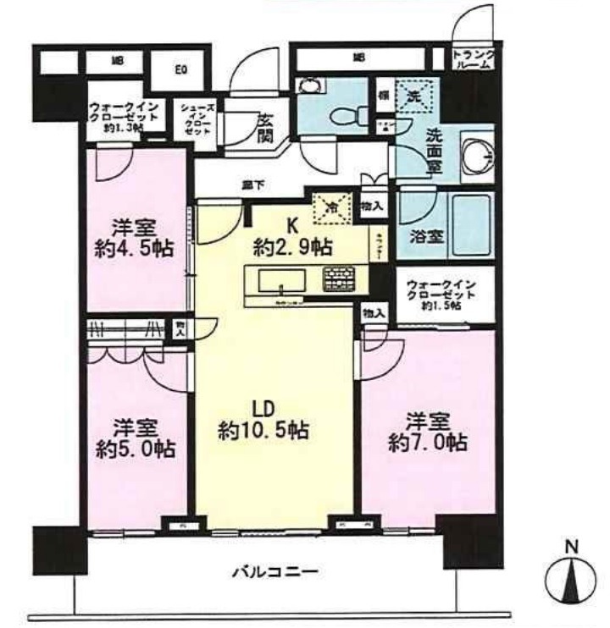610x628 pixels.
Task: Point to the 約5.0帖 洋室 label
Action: coord(136,438)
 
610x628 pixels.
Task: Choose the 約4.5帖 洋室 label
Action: coord(136,239)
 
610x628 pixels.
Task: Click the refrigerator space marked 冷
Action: coord(332,206)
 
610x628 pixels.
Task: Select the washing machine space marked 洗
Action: coord(414,97)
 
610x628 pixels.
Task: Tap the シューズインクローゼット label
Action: coord(192,122)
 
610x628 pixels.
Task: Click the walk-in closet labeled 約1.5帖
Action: coord(438,293)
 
